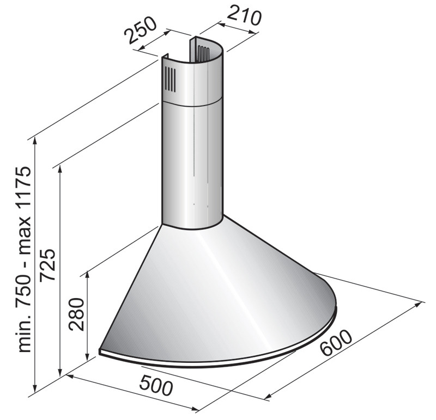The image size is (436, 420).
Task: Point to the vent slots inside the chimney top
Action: (x=203, y=54)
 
